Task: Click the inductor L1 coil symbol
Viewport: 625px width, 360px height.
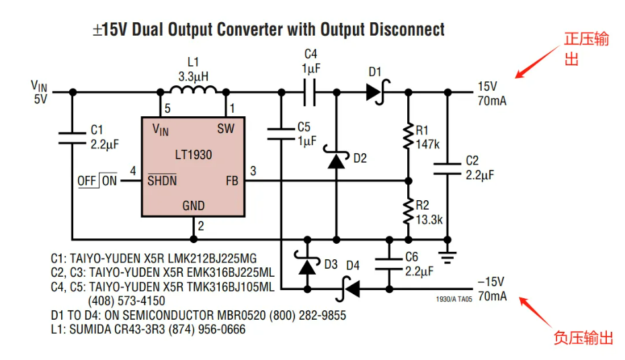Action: [x=194, y=89]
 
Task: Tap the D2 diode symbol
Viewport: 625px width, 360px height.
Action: [x=337, y=157]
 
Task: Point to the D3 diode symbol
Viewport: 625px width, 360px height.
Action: [x=307, y=263]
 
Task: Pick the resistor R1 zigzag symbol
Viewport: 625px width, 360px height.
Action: [x=408, y=136]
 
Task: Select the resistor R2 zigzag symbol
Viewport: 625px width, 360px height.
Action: [x=408, y=211]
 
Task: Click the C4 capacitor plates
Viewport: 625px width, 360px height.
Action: [x=310, y=93]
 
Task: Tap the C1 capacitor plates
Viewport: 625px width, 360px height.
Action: [x=72, y=138]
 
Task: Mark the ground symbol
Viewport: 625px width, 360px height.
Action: [x=448, y=257]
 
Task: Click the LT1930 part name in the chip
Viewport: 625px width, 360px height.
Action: [x=194, y=154]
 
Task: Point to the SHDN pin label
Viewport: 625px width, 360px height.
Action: [x=162, y=180]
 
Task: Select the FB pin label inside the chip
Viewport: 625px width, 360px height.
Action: [x=232, y=181]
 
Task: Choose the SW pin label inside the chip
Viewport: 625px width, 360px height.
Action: [x=226, y=129]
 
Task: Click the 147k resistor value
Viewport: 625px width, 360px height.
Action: [x=427, y=144]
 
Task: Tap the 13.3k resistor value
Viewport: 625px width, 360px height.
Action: [x=429, y=220]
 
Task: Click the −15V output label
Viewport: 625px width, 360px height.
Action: [x=491, y=282]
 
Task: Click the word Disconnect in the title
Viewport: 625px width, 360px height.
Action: [x=407, y=30]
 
